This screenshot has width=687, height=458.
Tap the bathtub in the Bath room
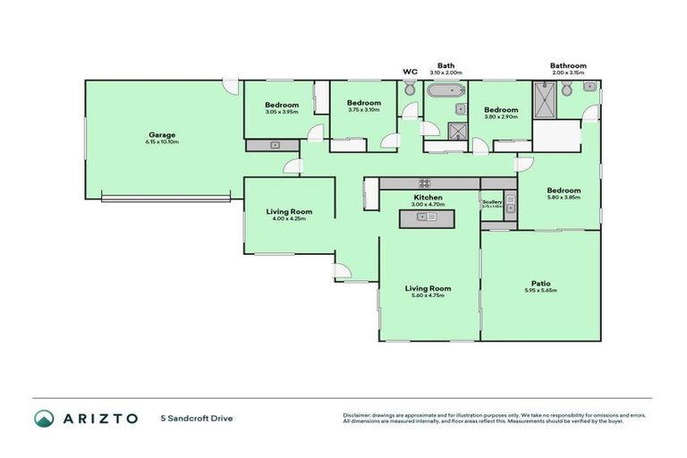tap(443, 90)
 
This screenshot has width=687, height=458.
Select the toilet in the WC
tap(410, 89)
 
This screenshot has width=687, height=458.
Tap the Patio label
tap(539, 283)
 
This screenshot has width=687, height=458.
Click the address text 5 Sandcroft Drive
tap(197, 418)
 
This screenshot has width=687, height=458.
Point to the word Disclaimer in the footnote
tap(358, 415)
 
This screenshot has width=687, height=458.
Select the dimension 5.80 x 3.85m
tap(564, 198)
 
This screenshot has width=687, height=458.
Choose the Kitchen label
tap(428, 197)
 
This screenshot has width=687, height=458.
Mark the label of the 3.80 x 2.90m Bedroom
tap(501, 110)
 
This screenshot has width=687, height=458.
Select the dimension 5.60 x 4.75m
tap(428, 295)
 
